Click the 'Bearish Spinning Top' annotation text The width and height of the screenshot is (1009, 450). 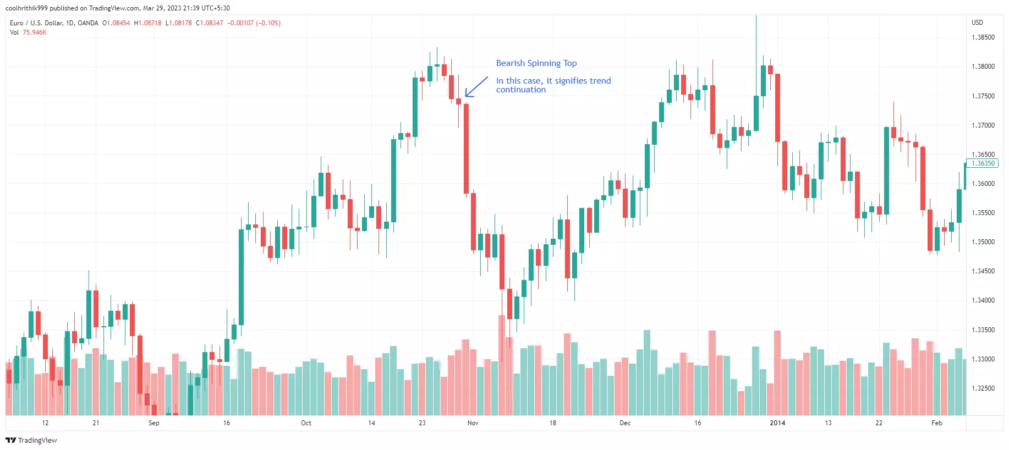[x=536, y=63]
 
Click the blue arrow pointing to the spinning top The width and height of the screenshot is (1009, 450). [x=476, y=86]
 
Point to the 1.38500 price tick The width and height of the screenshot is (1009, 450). [x=983, y=37]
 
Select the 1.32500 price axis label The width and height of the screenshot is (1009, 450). [x=983, y=388]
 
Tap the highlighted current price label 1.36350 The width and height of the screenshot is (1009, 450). [x=983, y=163]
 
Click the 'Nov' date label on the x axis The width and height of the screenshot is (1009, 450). [x=473, y=423]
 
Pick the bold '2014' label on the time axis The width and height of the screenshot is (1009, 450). [x=777, y=423]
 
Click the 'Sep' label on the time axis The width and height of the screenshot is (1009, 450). [x=153, y=423]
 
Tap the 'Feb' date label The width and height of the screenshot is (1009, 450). [x=936, y=423]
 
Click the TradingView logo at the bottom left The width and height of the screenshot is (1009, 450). [x=31, y=440]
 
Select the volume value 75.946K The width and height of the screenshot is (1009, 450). [x=34, y=32]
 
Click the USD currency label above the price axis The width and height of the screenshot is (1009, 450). [x=977, y=23]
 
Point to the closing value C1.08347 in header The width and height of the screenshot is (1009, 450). [x=210, y=23]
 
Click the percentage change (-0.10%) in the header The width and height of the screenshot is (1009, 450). [x=268, y=23]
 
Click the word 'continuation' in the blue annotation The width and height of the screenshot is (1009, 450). [x=520, y=90]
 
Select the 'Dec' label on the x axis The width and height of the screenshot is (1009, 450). [x=625, y=423]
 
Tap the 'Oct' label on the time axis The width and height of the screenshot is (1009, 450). [x=306, y=423]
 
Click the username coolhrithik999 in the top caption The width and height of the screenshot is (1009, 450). [x=26, y=8]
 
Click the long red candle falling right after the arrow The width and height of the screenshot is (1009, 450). [x=466, y=149]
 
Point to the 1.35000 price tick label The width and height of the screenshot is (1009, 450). [x=983, y=242]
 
